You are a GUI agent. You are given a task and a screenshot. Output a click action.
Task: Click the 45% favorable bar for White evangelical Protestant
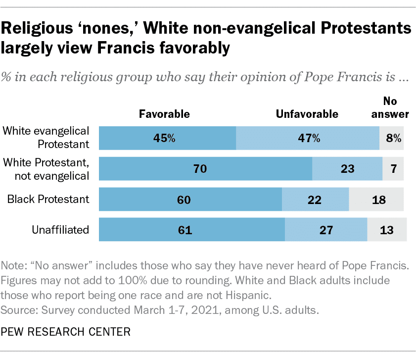point(167,138)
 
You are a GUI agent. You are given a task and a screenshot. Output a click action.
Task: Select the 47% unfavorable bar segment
point(307,138)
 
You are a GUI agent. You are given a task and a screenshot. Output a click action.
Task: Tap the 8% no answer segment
point(392,138)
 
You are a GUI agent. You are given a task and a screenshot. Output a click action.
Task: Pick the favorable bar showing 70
point(205,169)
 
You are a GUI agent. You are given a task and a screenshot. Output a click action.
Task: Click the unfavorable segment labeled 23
point(347,169)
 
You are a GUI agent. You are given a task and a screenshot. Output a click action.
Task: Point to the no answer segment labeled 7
point(393,169)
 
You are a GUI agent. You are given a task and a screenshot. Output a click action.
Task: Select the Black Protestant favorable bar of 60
point(190,200)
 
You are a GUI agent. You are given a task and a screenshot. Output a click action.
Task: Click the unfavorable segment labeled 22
point(315,200)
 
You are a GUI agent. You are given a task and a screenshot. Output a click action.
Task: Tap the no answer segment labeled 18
point(376,200)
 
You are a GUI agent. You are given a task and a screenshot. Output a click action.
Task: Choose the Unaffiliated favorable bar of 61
point(192,230)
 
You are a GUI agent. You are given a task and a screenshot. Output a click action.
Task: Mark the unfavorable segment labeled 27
point(326,230)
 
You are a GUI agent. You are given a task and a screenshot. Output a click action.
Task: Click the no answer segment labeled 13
point(387,230)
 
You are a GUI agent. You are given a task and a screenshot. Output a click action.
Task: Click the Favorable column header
point(164,114)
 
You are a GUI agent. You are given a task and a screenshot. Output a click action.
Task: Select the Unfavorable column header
point(307,114)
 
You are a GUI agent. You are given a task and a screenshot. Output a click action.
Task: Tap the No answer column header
point(391,107)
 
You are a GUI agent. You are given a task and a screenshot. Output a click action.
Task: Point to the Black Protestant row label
point(48,200)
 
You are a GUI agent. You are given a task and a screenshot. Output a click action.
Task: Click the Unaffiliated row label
point(61,230)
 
